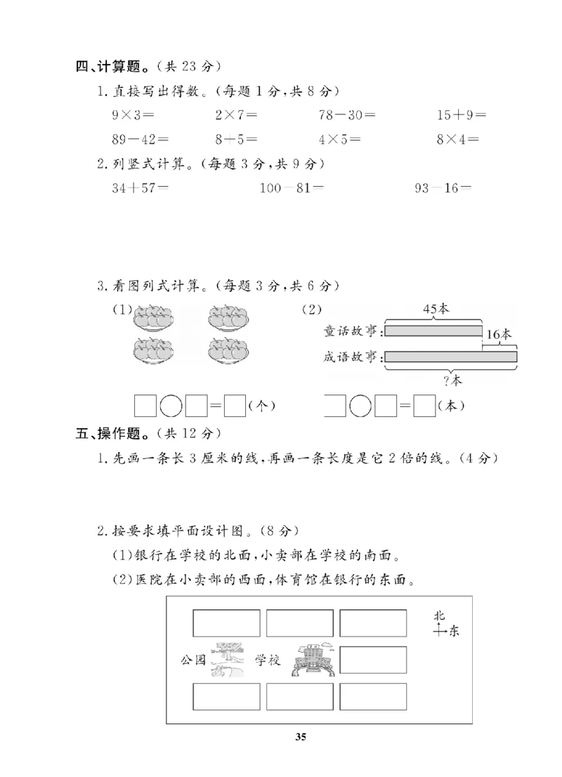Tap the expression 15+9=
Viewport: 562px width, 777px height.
461,114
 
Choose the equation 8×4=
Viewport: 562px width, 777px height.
458,139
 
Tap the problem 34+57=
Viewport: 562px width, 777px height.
140,188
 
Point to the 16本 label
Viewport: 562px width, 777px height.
499,335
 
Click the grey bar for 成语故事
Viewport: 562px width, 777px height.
451,357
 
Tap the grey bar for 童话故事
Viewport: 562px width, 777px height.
434,330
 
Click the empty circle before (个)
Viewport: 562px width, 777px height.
171,406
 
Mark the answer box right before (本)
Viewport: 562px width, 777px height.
424,406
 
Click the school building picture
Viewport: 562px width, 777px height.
312,660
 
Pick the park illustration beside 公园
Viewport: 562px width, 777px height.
229,660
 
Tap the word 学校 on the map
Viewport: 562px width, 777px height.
268,660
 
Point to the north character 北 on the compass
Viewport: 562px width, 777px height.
439,616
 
